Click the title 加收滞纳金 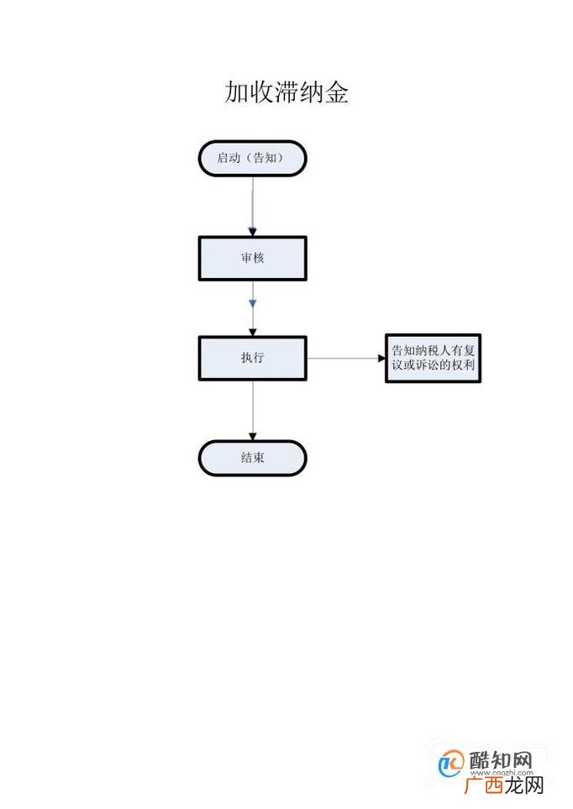pyautogui.click(x=286, y=92)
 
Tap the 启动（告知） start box pyautogui.click(x=252, y=158)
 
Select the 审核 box pyautogui.click(x=252, y=258)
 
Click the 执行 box pyautogui.click(x=252, y=358)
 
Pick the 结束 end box pyautogui.click(x=252, y=458)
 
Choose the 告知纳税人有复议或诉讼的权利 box pyautogui.click(x=433, y=358)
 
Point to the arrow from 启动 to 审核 pyautogui.click(x=252, y=207)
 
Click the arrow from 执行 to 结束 pyautogui.click(x=252, y=411)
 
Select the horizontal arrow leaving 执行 pyautogui.click(x=346, y=358)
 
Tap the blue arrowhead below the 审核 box pyautogui.click(x=252, y=303)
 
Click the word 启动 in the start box pyautogui.click(x=229, y=158)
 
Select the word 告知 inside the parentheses pyautogui.click(x=265, y=158)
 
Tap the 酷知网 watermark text pyautogui.click(x=501, y=760)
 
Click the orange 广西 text pyautogui.click(x=483, y=785)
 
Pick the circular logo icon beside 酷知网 pyautogui.click(x=451, y=764)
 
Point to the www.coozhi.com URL pyautogui.click(x=502, y=773)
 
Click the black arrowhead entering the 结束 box pyautogui.click(x=252, y=437)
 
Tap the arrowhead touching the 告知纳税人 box pyautogui.click(x=382, y=358)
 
